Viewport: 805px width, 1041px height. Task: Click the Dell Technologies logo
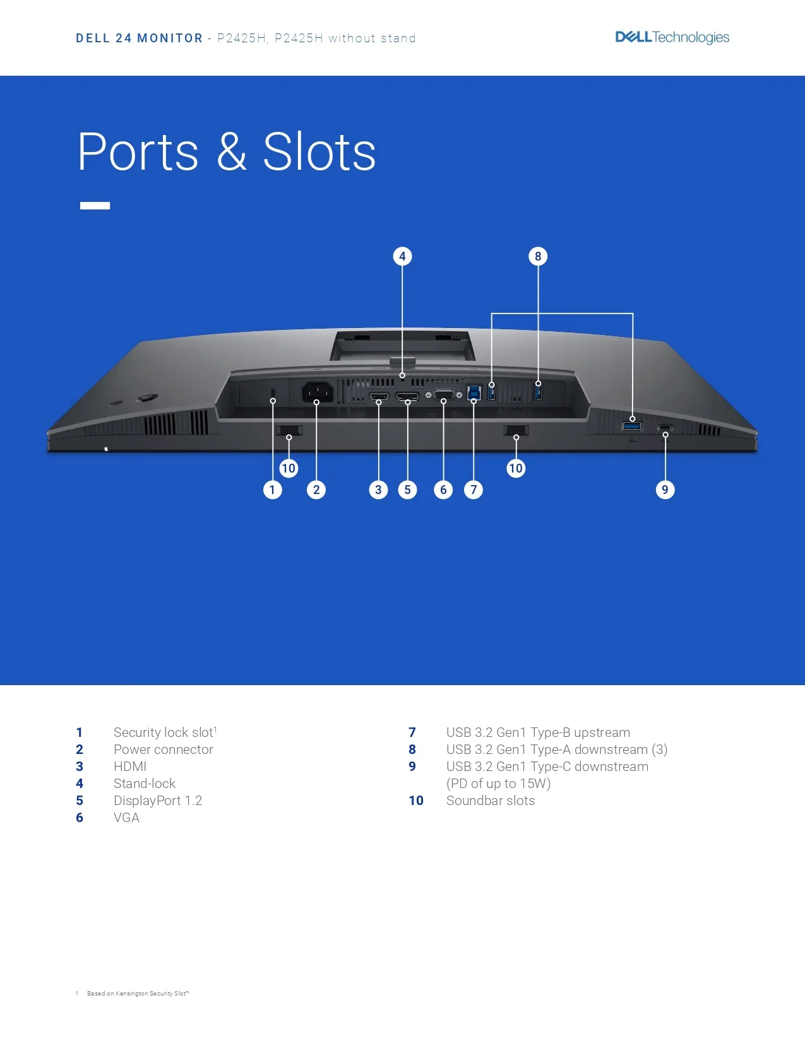(672, 37)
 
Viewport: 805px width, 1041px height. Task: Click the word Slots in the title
(319, 152)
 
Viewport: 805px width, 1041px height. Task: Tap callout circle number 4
(402, 256)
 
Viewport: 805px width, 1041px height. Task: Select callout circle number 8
(538, 256)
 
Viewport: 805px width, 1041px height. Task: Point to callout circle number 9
(665, 490)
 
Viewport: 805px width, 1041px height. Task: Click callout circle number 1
(272, 490)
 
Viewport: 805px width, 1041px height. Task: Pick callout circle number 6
(443, 490)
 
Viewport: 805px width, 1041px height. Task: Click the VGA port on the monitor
(443, 395)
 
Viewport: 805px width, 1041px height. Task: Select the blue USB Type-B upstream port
(474, 392)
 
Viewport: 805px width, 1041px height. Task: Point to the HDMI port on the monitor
(379, 396)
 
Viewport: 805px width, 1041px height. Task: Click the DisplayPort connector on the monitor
(407, 396)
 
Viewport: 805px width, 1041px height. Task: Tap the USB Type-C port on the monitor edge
(665, 427)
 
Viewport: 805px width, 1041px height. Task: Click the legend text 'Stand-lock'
(145, 783)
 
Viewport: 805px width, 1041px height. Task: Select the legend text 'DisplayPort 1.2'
(158, 801)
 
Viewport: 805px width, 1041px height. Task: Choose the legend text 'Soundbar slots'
(491, 801)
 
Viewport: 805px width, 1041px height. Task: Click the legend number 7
(412, 732)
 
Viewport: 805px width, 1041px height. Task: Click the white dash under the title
(95, 206)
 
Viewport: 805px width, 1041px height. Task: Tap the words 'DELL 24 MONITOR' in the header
(139, 38)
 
